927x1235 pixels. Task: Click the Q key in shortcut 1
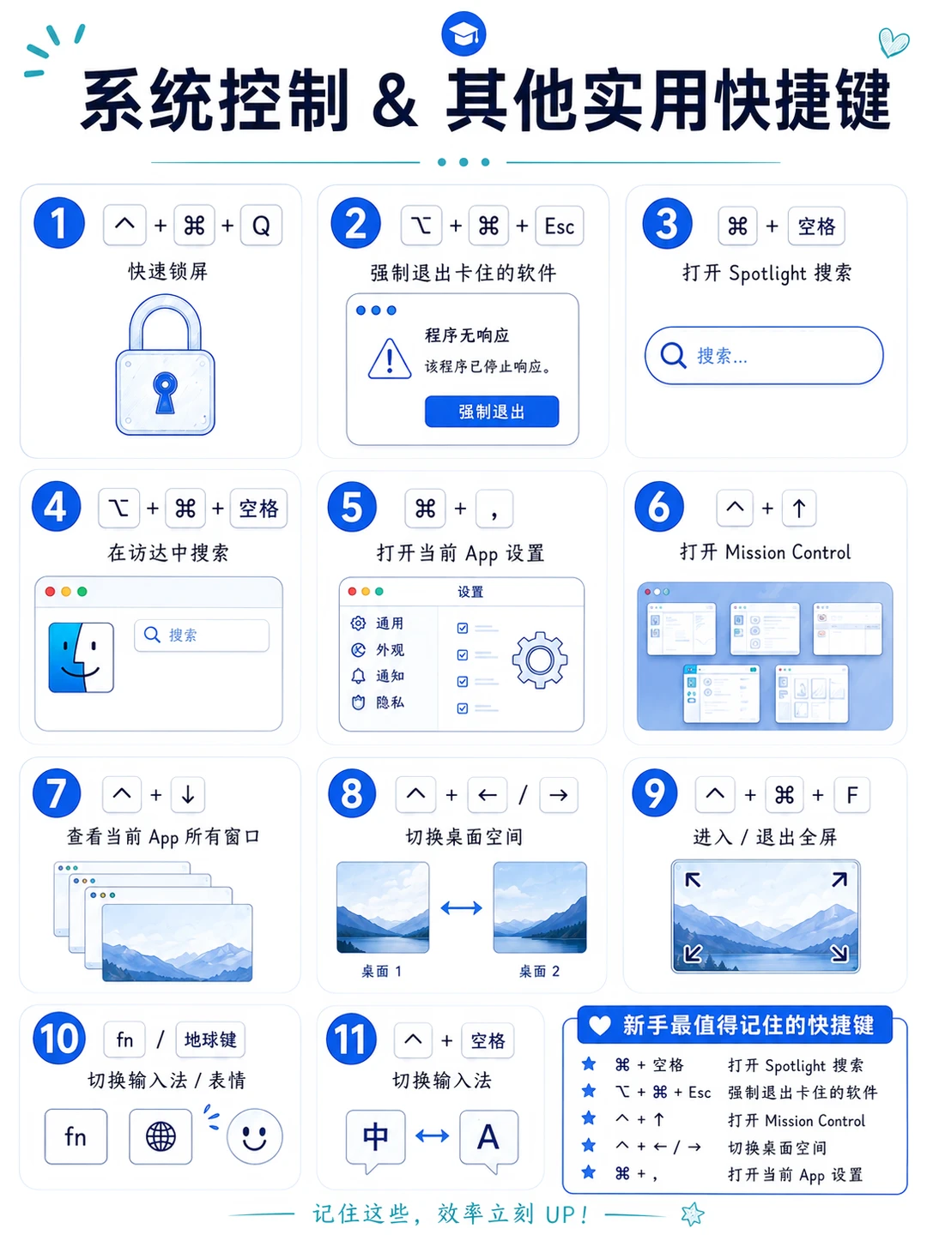point(261,226)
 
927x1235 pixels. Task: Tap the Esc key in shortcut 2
point(559,226)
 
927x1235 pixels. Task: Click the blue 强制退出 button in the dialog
point(491,412)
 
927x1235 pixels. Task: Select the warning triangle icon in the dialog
point(390,358)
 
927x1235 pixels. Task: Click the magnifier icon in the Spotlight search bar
point(673,355)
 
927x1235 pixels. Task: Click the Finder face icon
point(81,657)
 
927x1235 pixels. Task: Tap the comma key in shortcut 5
point(494,509)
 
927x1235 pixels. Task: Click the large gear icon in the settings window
point(539,660)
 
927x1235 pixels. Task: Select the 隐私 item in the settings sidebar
point(378,702)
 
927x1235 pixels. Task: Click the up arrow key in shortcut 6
point(798,509)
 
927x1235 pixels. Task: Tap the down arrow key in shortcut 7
point(188,794)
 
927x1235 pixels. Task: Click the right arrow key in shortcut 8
point(558,794)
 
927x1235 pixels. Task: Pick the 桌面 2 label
point(539,971)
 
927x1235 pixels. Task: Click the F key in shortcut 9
point(852,794)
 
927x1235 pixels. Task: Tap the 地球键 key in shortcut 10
point(210,1039)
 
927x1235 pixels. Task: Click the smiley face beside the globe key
point(254,1136)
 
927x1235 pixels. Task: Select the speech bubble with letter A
point(488,1141)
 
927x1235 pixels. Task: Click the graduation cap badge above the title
point(463,33)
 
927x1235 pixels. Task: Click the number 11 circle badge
point(351,1039)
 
